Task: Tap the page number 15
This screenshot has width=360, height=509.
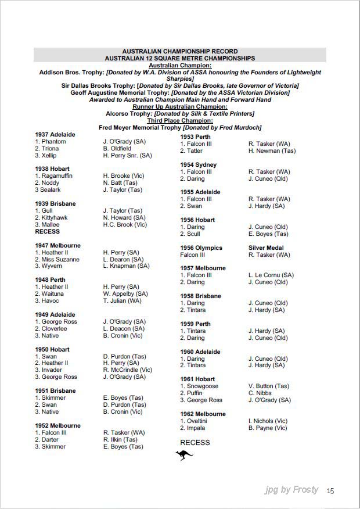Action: click(330, 490)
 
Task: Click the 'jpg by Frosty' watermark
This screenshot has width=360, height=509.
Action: click(291, 490)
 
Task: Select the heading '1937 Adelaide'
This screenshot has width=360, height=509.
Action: click(55, 135)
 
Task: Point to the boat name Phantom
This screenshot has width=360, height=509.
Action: click(54, 142)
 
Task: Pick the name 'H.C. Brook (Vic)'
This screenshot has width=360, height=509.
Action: click(125, 225)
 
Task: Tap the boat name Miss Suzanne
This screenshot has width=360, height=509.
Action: click(60, 259)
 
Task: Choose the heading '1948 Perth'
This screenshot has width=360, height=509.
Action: click(50, 280)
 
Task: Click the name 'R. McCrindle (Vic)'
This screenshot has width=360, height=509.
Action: click(128, 370)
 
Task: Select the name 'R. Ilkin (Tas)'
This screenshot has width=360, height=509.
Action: click(120, 440)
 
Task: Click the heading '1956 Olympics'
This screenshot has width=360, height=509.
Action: click(201, 248)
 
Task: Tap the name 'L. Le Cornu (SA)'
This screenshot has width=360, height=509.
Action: click(271, 275)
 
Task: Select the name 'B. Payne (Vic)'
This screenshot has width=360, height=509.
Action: click(267, 428)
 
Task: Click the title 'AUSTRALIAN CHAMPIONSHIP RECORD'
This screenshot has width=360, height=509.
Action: click(179, 52)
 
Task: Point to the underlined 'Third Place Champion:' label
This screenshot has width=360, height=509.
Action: click(179, 121)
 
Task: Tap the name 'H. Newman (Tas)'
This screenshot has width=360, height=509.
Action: click(272, 151)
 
